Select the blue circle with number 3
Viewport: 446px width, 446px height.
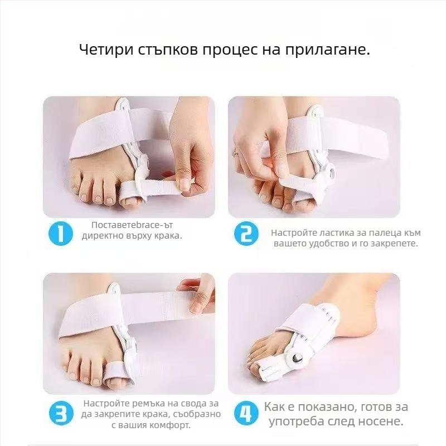coord(61,414)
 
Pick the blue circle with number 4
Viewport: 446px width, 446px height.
coord(246,414)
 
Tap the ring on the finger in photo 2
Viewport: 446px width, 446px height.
coord(236,151)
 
